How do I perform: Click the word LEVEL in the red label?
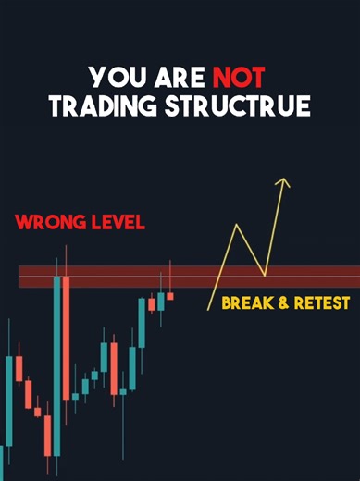[117, 224]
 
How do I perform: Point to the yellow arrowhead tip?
[286, 179]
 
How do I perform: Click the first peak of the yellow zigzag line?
[237, 225]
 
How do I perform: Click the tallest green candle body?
[57, 365]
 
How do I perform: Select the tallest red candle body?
[67, 338]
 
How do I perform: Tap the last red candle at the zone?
[170, 296]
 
